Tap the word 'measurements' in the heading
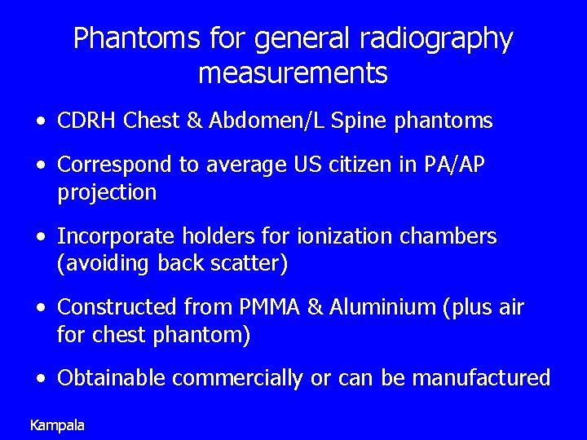pos(293,74)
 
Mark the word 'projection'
pos(107,192)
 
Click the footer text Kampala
pos(57,425)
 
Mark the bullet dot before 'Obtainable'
pos(41,379)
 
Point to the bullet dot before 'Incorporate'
pos(41,237)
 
